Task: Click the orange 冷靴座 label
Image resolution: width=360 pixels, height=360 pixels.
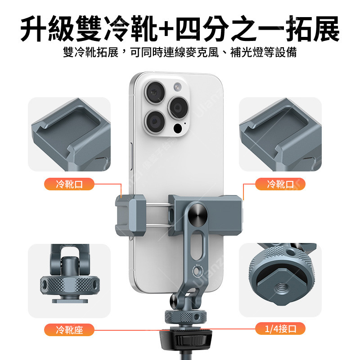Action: (69, 330)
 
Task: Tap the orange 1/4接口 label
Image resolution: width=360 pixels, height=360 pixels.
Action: (280, 328)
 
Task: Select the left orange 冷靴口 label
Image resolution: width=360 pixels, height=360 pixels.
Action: (69, 184)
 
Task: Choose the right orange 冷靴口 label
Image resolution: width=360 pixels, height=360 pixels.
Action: (280, 184)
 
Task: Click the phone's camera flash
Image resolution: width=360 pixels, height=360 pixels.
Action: (177, 87)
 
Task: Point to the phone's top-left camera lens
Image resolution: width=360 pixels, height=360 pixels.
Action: (155, 92)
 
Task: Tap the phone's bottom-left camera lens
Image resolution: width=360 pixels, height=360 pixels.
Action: (155, 121)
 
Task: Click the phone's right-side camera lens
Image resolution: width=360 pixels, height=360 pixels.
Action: (178, 108)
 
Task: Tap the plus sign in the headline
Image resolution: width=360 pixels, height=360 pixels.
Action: (166, 28)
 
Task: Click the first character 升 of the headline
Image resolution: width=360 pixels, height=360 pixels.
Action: (33, 28)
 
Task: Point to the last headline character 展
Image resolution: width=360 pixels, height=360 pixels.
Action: (326, 28)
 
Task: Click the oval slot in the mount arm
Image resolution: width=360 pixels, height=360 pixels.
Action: (197, 245)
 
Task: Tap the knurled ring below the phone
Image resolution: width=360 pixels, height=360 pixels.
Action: (185, 317)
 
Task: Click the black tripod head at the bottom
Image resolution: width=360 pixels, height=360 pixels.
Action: (185, 339)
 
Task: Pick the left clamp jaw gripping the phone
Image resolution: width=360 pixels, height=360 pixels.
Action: (130, 216)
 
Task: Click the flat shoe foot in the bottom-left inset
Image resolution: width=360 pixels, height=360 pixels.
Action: (70, 301)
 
